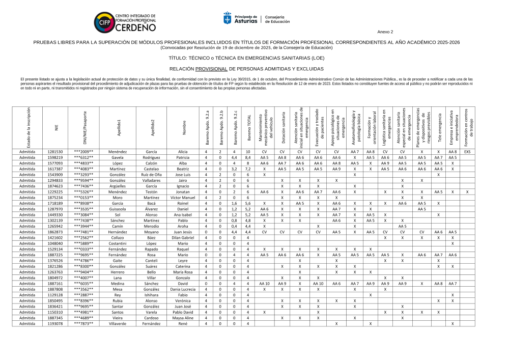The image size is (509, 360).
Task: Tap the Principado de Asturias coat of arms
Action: [228, 18]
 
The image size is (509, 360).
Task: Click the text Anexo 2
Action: [385, 32]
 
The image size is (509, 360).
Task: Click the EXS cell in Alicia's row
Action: [467, 152]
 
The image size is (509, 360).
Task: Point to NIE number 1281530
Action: [55, 152]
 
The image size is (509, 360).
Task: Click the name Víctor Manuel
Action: [182, 197]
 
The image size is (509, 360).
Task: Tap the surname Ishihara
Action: [151, 295]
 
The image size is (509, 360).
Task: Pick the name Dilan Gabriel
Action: [182, 238]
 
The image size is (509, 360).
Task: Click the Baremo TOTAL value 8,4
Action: [247, 158]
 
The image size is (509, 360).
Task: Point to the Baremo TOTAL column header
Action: [248, 130]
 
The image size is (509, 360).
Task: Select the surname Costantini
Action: [118, 243]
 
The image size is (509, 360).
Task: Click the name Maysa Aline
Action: [182, 318]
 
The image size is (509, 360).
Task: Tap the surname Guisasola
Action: [118, 209]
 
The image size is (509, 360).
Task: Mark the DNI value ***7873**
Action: [83, 323]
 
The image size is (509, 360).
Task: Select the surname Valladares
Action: [151, 180]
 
